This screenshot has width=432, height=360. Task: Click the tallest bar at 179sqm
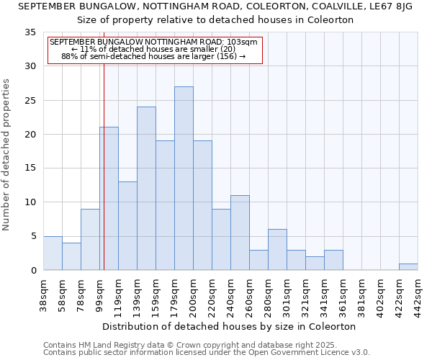pos(184,179)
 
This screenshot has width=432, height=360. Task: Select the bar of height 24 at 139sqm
pos(146,189)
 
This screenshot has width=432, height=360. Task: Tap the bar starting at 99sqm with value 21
pos(109,199)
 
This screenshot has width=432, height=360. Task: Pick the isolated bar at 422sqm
pos(408,266)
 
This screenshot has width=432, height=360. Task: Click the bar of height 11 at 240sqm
pos(240,233)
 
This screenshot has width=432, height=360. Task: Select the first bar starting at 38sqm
pos(53,253)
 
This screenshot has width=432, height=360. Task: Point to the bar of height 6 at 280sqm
pos(277,250)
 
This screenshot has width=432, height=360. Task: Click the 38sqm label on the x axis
pos(44,294)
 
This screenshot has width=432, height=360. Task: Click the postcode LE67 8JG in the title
pos(387,6)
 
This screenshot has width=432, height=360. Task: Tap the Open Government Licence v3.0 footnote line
pos(206,352)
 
